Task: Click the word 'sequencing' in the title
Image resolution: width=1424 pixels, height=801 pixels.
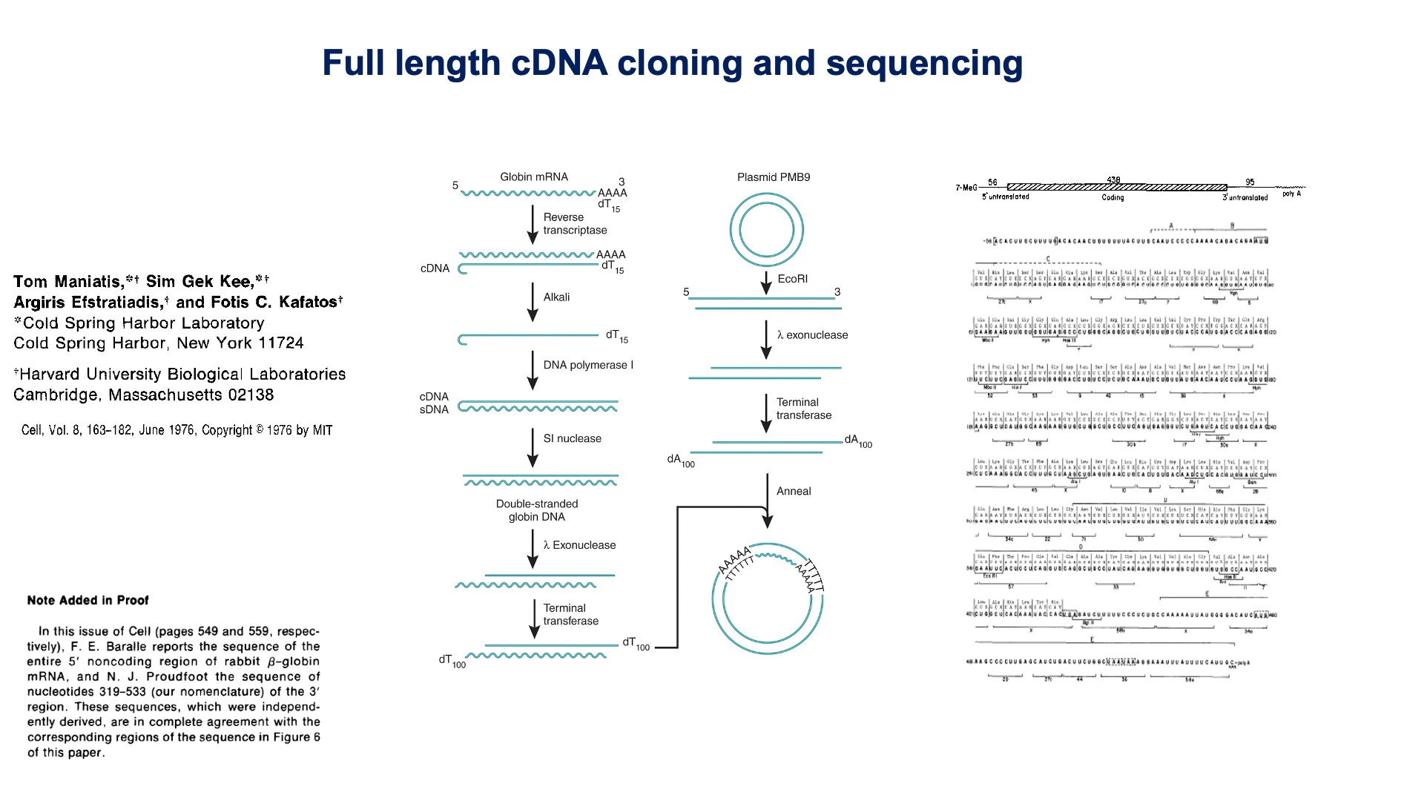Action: (x=924, y=64)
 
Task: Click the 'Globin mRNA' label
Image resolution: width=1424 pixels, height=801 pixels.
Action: (x=533, y=177)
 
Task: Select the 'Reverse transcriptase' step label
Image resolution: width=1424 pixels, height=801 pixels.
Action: (x=575, y=224)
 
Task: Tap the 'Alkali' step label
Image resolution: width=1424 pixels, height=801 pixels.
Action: (x=556, y=297)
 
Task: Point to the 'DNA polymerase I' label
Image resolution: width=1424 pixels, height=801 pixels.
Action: (x=588, y=365)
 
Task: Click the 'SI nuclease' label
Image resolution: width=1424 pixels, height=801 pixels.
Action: (x=572, y=439)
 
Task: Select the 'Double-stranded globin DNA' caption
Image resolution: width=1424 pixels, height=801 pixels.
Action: (x=537, y=510)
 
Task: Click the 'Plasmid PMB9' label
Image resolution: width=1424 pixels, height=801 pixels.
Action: (x=773, y=177)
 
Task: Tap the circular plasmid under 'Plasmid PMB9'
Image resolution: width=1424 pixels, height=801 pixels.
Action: (x=766, y=229)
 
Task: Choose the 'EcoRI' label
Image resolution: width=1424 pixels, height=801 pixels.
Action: (x=792, y=280)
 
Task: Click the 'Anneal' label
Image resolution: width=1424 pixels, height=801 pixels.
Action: (x=794, y=492)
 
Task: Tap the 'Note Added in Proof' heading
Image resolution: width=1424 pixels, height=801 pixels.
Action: (x=88, y=601)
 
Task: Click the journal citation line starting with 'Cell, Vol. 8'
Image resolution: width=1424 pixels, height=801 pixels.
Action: (x=177, y=430)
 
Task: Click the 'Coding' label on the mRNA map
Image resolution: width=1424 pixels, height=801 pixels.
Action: (x=1112, y=197)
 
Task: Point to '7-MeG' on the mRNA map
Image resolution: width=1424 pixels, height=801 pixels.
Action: (x=966, y=188)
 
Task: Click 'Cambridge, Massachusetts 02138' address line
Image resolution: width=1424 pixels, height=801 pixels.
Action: (x=143, y=395)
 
